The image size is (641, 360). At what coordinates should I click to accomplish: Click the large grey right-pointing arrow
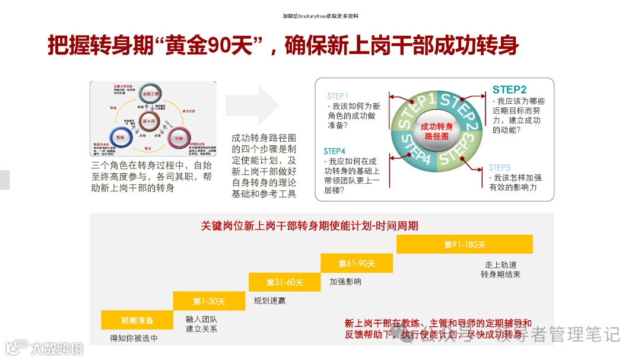pyautogui.click(x=252, y=105)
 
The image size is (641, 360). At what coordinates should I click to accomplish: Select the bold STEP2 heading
pyautogui.click(x=509, y=90)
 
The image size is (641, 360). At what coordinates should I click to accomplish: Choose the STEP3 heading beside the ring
pyautogui.click(x=499, y=168)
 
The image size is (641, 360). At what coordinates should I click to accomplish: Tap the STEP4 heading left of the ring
pyautogui.click(x=334, y=151)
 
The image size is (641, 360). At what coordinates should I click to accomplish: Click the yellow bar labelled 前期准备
pyautogui.click(x=137, y=320)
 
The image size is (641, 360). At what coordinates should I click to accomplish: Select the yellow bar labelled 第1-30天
pyautogui.click(x=209, y=301)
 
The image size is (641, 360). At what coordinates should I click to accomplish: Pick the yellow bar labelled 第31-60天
pyautogui.click(x=284, y=282)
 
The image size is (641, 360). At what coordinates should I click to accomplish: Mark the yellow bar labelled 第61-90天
pyautogui.click(x=357, y=263)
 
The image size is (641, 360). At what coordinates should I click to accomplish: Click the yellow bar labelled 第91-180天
pyautogui.click(x=464, y=244)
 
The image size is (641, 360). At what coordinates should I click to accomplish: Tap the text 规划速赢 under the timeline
pyautogui.click(x=269, y=301)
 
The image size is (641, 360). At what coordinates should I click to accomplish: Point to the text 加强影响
pyautogui.click(x=345, y=282)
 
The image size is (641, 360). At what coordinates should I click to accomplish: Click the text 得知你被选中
pyautogui.click(x=134, y=339)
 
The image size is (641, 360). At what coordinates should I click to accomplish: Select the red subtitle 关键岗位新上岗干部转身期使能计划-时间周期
pyautogui.click(x=309, y=225)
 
